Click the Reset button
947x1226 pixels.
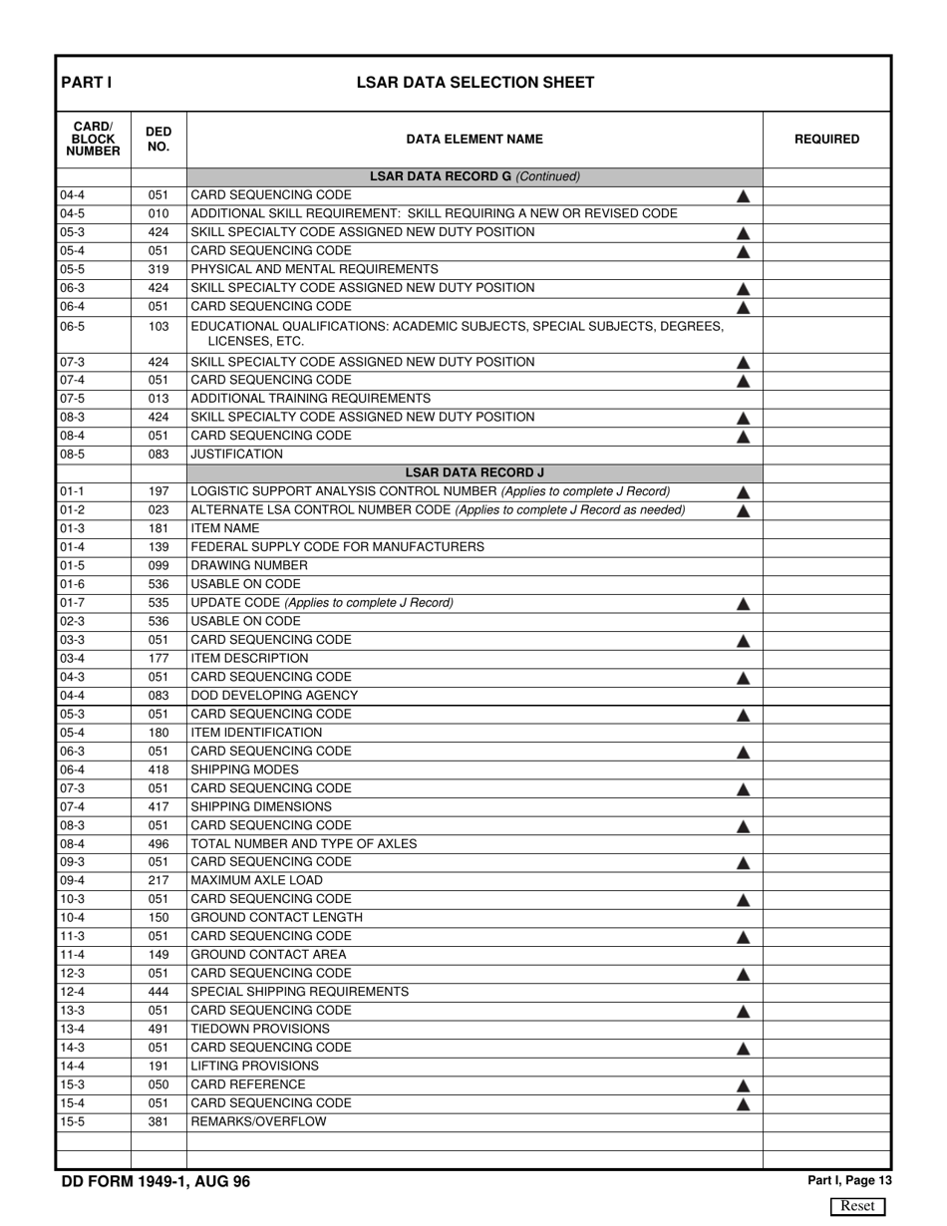coord(857,1206)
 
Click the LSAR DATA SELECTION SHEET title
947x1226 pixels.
coord(475,83)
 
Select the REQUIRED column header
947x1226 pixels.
coord(826,140)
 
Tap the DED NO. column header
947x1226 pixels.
coord(158,140)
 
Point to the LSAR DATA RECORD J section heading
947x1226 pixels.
coord(474,472)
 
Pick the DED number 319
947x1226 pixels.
coord(158,269)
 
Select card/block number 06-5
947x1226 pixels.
coord(72,326)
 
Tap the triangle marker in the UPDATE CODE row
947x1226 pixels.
coord(743,604)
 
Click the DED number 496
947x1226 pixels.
coord(158,844)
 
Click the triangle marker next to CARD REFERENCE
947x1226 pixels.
coord(743,1086)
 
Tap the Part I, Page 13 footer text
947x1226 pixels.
coord(849,1181)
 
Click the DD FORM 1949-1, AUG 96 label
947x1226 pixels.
coord(156,1182)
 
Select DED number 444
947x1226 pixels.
coord(158,992)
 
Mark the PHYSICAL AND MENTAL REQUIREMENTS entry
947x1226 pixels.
coord(314,269)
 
